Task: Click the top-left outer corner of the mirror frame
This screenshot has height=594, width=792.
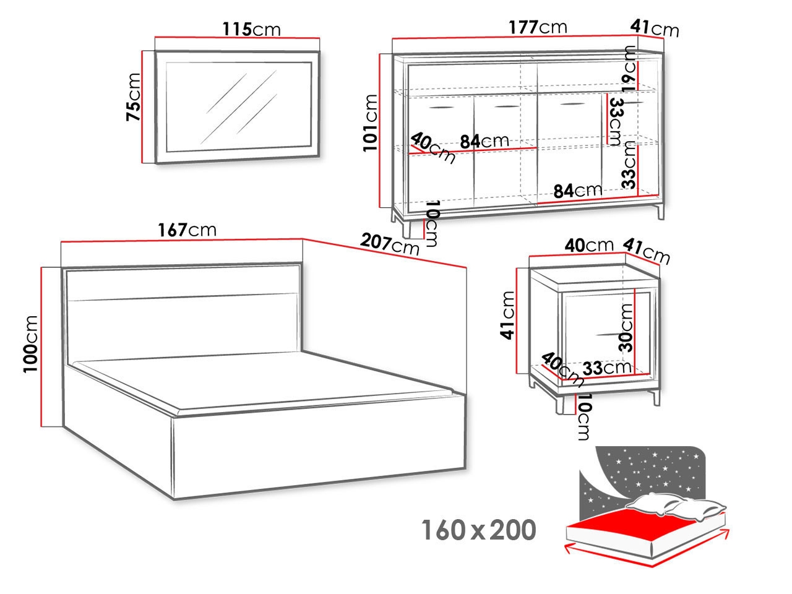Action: coord(155,51)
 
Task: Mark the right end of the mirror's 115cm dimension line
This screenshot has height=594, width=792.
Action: coord(319,38)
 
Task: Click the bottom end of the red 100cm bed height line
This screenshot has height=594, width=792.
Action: coord(41,427)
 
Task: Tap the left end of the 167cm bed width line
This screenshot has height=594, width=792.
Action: coord(61,241)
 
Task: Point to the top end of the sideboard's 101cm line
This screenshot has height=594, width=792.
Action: coord(380,54)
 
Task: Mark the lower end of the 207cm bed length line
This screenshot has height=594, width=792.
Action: coord(466,267)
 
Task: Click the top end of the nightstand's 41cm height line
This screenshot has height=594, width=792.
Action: coord(517,269)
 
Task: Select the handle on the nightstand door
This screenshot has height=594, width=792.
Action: coord(611,334)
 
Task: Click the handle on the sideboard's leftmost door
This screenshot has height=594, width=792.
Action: coord(441,107)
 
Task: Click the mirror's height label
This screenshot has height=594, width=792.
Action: coord(133,97)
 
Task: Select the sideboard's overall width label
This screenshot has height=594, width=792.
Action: coord(538,27)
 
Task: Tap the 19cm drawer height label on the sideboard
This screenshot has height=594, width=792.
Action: coord(629,69)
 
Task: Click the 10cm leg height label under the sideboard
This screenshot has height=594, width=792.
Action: coord(432,223)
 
